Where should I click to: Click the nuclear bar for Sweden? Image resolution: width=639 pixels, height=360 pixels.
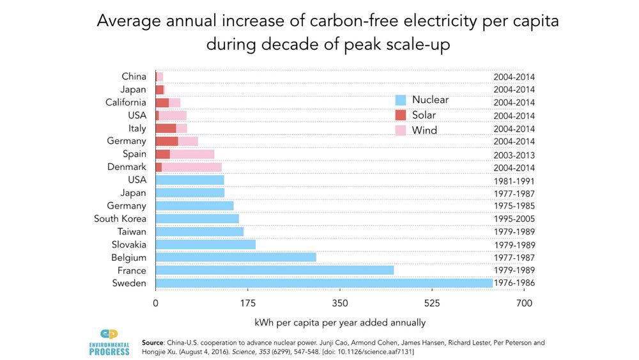(x=323, y=283)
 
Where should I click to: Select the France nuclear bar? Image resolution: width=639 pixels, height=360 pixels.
(x=274, y=270)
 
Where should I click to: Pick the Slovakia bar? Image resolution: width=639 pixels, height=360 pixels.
(x=205, y=244)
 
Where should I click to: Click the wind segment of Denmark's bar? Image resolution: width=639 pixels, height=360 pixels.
(x=192, y=167)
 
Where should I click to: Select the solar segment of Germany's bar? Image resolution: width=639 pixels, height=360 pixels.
(x=167, y=141)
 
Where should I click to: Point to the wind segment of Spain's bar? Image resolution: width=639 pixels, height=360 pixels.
(x=192, y=154)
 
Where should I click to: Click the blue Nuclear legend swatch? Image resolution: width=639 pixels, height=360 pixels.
(x=401, y=100)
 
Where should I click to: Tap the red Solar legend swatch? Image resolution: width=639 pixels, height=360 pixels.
(x=401, y=115)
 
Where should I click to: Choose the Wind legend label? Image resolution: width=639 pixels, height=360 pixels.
(x=424, y=130)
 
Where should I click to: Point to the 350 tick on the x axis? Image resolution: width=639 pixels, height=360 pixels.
(x=339, y=303)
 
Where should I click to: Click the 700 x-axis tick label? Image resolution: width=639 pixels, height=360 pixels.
(x=523, y=303)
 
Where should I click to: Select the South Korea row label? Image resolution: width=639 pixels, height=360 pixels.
(x=120, y=219)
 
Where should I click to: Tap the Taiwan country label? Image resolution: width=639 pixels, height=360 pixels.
(x=132, y=231)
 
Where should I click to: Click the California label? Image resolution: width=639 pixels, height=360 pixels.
(x=126, y=102)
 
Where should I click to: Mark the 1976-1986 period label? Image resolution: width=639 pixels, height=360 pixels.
(x=514, y=283)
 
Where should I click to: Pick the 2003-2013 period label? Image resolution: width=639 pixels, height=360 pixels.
(x=514, y=155)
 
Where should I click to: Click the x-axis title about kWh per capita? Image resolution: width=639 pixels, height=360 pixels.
(x=339, y=322)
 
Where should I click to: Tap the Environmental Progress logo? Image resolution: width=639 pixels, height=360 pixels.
(x=114, y=343)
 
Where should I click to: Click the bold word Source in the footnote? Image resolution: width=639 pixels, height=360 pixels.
(x=153, y=343)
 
